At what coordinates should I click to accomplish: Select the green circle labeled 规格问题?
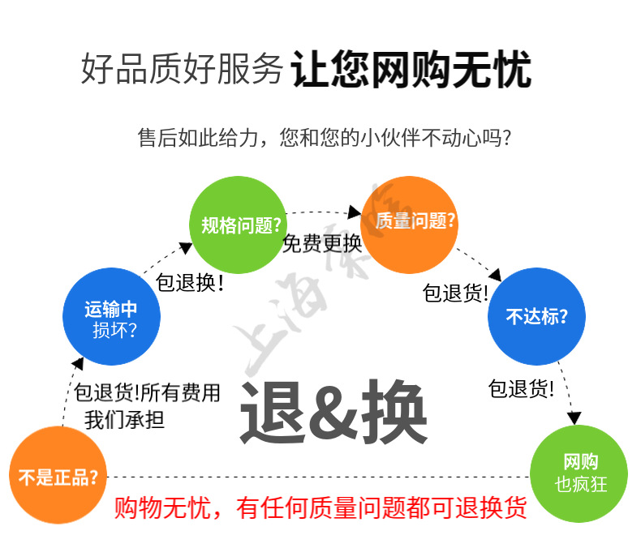pyautogui.click(x=237, y=225)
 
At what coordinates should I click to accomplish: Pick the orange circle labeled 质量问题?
pyautogui.click(x=410, y=221)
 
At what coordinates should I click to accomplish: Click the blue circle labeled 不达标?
pyautogui.click(x=536, y=316)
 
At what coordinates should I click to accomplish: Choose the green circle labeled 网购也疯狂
pyautogui.click(x=579, y=473)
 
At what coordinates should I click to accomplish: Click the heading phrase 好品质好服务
pyautogui.click(x=182, y=70)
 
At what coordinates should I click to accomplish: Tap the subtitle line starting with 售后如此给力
pyautogui.click(x=325, y=138)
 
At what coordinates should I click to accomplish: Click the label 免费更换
pyautogui.click(x=321, y=243)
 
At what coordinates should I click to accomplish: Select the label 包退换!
pyautogui.click(x=189, y=284)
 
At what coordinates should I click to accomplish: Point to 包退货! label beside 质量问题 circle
pyautogui.click(x=455, y=292)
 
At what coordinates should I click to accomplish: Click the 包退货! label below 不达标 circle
pyautogui.click(x=521, y=389)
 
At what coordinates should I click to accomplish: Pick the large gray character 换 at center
pyautogui.click(x=394, y=412)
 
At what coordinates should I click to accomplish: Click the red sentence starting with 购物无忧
pyautogui.click(x=320, y=508)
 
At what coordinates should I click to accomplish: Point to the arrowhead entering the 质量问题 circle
pyautogui.click(x=355, y=212)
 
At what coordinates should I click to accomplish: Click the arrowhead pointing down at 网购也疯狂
pyautogui.click(x=574, y=418)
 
